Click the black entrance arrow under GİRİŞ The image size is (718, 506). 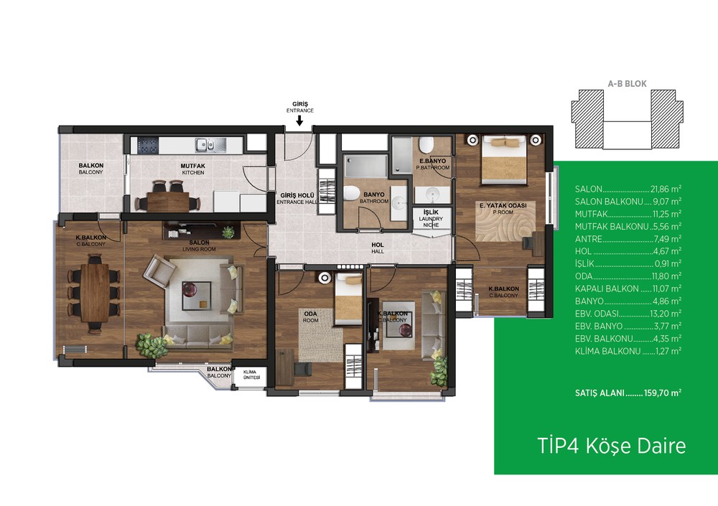tap(299, 121)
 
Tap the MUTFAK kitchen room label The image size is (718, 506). tap(192, 169)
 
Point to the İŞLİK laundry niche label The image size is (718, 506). tap(431, 218)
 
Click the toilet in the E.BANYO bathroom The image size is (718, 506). tap(426, 144)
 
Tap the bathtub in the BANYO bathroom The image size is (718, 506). tap(367, 166)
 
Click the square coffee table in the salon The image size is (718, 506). tap(197, 296)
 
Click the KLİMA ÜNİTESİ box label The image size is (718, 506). tap(251, 375)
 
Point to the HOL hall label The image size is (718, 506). tap(378, 248)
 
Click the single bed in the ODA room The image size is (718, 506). tap(348, 299)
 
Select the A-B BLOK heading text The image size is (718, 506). tap(627, 84)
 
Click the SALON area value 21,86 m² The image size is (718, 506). tap(666, 189)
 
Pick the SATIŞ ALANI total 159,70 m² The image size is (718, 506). tap(628, 393)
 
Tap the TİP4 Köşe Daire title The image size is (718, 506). tap(611, 446)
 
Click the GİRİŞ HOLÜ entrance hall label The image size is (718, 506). tap(297, 198)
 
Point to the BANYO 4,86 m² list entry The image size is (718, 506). tap(628, 301)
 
